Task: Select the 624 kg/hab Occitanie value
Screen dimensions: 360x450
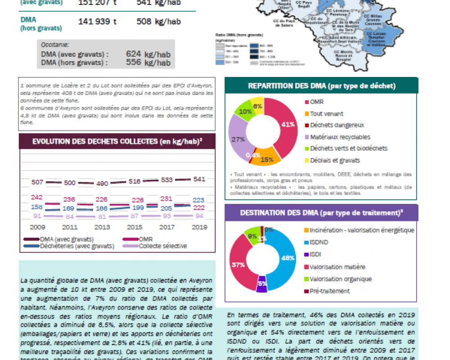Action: [x=148, y=54]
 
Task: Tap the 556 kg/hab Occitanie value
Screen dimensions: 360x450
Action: [x=148, y=63]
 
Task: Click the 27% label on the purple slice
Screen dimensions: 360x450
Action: [x=238, y=139]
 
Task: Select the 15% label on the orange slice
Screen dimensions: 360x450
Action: [x=267, y=159]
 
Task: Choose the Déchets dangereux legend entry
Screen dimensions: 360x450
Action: [x=337, y=125]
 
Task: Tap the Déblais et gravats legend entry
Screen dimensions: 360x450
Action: [x=335, y=160]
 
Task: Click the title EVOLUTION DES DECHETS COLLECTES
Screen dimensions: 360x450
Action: [x=117, y=141]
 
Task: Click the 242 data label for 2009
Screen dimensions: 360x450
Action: [x=37, y=197]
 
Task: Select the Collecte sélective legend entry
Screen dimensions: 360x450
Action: [x=162, y=246]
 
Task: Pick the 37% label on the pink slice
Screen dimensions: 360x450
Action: [x=238, y=265]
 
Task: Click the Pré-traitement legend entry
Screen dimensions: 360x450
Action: [x=330, y=291]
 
